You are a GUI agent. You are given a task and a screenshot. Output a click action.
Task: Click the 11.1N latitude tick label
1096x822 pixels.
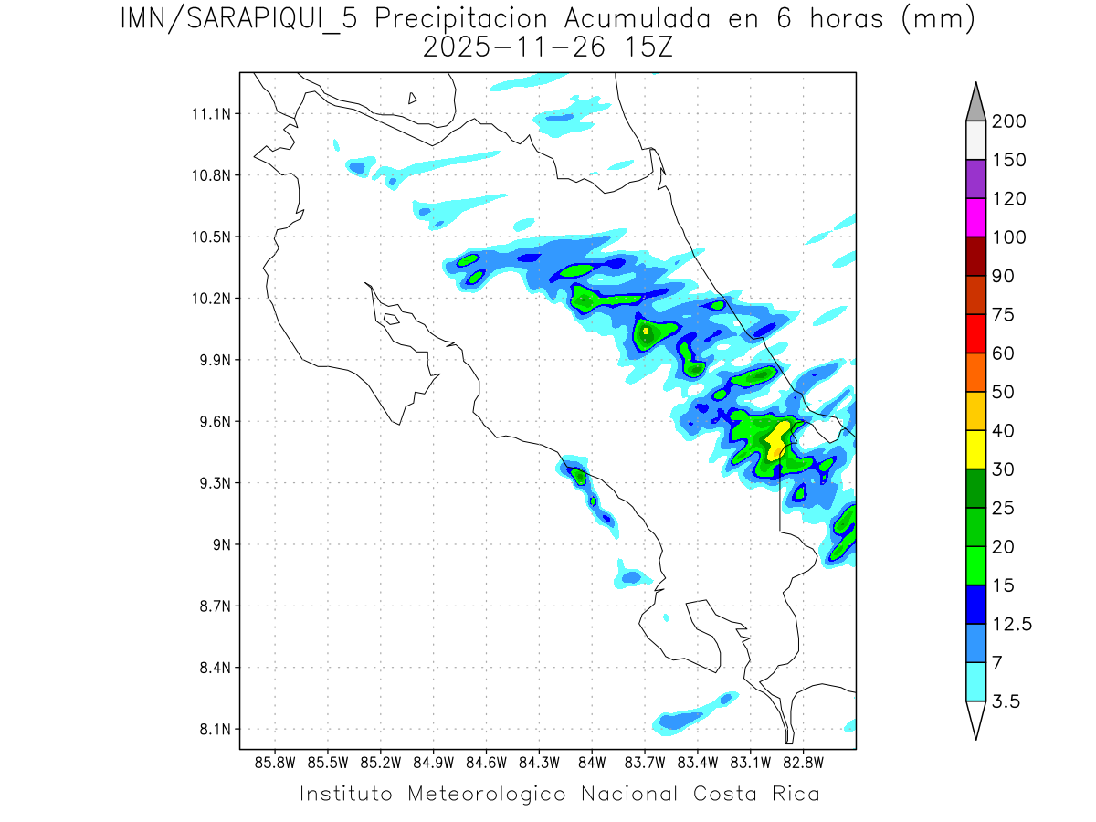click(x=209, y=114)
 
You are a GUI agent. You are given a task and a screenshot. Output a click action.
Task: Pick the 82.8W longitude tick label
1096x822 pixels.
click(x=803, y=762)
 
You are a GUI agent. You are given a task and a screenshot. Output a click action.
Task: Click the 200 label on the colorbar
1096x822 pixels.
click(x=1008, y=121)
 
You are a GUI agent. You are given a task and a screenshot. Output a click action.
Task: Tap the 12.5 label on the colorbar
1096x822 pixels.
click(x=1012, y=624)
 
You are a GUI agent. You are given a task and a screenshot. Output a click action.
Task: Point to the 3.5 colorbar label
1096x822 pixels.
click(x=1007, y=701)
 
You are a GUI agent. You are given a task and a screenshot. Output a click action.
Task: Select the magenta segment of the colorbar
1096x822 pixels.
click(x=975, y=217)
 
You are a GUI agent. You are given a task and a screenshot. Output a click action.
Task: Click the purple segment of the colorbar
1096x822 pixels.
click(x=975, y=179)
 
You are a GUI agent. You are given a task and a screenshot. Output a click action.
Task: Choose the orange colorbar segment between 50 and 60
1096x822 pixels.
click(x=975, y=372)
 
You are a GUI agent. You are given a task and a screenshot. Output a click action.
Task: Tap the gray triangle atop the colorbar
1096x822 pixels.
click(x=975, y=103)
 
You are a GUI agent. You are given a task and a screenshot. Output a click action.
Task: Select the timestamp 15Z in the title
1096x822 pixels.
click(x=647, y=46)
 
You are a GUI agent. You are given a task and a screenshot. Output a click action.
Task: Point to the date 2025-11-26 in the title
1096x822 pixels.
click(x=514, y=46)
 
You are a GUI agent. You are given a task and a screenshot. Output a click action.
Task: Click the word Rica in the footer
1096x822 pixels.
click(x=794, y=794)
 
